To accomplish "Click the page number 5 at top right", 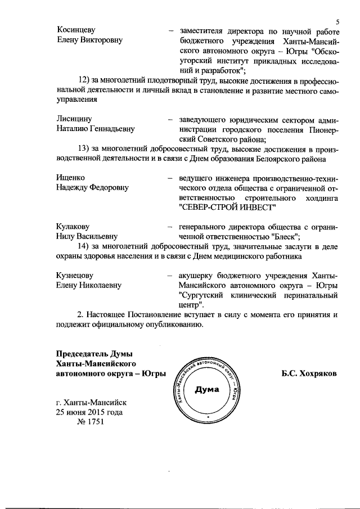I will click(336, 21).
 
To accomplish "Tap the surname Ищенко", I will click(70, 177).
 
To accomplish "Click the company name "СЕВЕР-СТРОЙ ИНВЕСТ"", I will click(227, 207).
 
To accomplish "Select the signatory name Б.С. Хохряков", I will click(309, 373).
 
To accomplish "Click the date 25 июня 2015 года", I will click(89, 412).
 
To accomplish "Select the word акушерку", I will click(195, 275).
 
